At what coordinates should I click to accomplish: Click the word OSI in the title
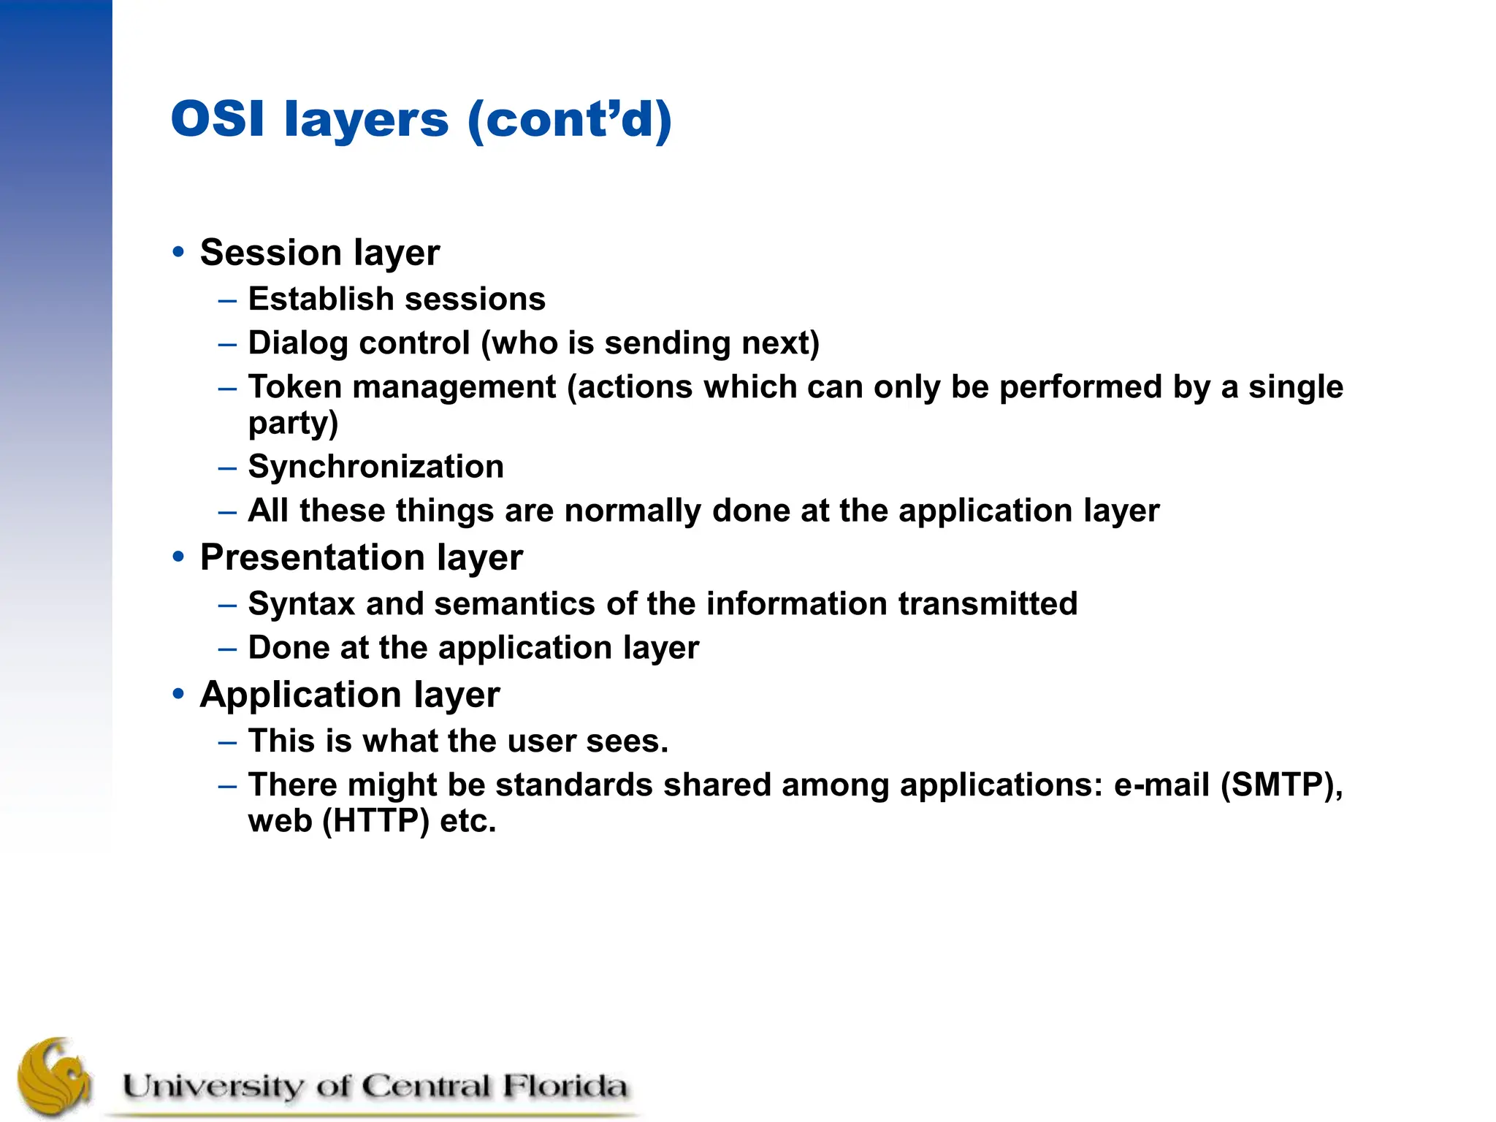tap(217, 119)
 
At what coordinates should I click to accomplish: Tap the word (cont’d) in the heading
tap(569, 119)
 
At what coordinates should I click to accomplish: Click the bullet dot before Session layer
tap(178, 252)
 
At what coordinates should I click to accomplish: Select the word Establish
tap(321, 299)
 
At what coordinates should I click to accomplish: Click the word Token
tap(294, 386)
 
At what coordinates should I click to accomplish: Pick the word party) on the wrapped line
tap(293, 424)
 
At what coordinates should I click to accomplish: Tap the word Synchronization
tap(375, 467)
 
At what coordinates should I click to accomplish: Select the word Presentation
tap(312, 557)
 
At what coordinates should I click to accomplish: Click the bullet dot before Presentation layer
tap(178, 557)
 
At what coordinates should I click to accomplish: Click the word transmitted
tap(988, 604)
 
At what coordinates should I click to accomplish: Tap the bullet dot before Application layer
tap(178, 694)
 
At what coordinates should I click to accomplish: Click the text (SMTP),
tap(1281, 785)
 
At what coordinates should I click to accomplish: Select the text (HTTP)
tap(375, 821)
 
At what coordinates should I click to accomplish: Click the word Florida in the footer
tap(565, 1086)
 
